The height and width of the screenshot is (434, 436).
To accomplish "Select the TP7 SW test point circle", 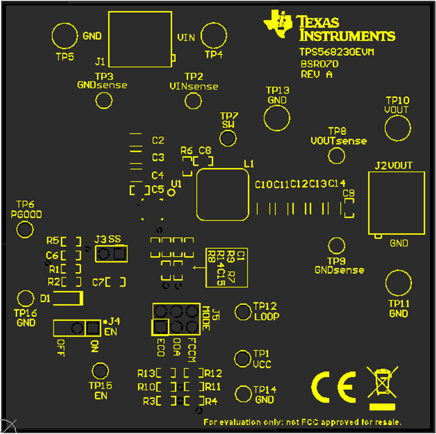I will pos(228,138).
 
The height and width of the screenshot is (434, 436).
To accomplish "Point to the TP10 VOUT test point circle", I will pos(397,128).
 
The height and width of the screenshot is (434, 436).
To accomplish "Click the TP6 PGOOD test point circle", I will pos(25,229).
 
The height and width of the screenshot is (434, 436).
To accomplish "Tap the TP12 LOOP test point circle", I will pos(243,312).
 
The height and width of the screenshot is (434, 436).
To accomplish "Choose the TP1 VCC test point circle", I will pos(242,358).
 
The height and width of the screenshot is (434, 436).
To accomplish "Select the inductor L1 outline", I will pos(223,194).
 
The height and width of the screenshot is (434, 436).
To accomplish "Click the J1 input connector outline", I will pos(140,39).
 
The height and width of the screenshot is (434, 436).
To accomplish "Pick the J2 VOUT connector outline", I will pos(397,203).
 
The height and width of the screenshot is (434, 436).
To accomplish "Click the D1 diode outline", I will pos(68,298).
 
